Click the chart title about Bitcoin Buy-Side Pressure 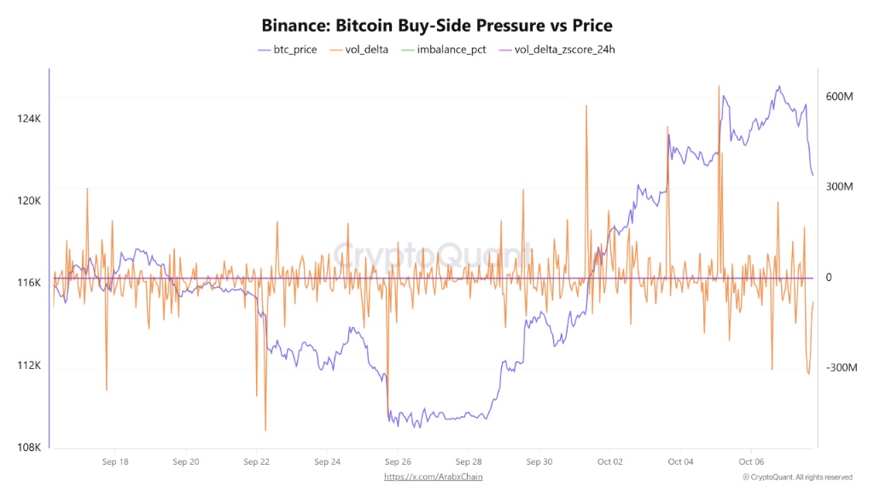(436, 26)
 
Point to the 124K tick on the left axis (28, 119)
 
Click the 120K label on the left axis (28, 201)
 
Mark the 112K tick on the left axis (28, 366)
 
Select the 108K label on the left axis (28, 448)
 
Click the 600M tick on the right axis (839, 97)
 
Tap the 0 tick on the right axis (828, 278)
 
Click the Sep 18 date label (114, 462)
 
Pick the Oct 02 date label (610, 462)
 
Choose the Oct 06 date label (751, 462)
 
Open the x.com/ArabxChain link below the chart (439, 477)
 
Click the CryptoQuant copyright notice (797, 477)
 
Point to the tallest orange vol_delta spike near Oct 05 (719, 86)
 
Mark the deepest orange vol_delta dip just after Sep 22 (265, 430)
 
